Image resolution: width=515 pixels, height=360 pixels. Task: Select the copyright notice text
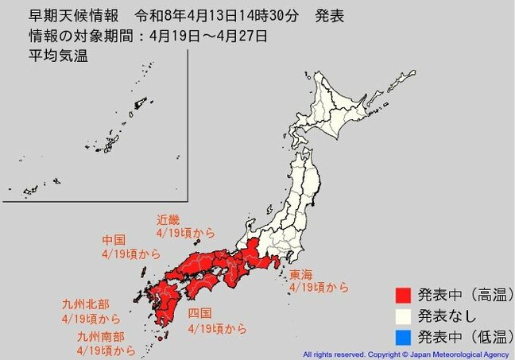407,354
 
